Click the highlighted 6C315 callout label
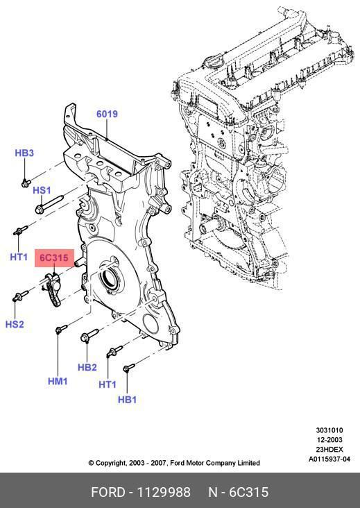(x=54, y=258)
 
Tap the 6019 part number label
(x=107, y=114)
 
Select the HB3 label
(x=24, y=153)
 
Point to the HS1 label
(x=42, y=190)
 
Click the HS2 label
(x=15, y=324)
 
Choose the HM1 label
(x=58, y=381)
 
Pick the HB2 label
(x=87, y=367)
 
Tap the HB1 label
(x=127, y=400)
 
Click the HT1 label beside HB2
(x=108, y=384)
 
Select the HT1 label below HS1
(x=19, y=257)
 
